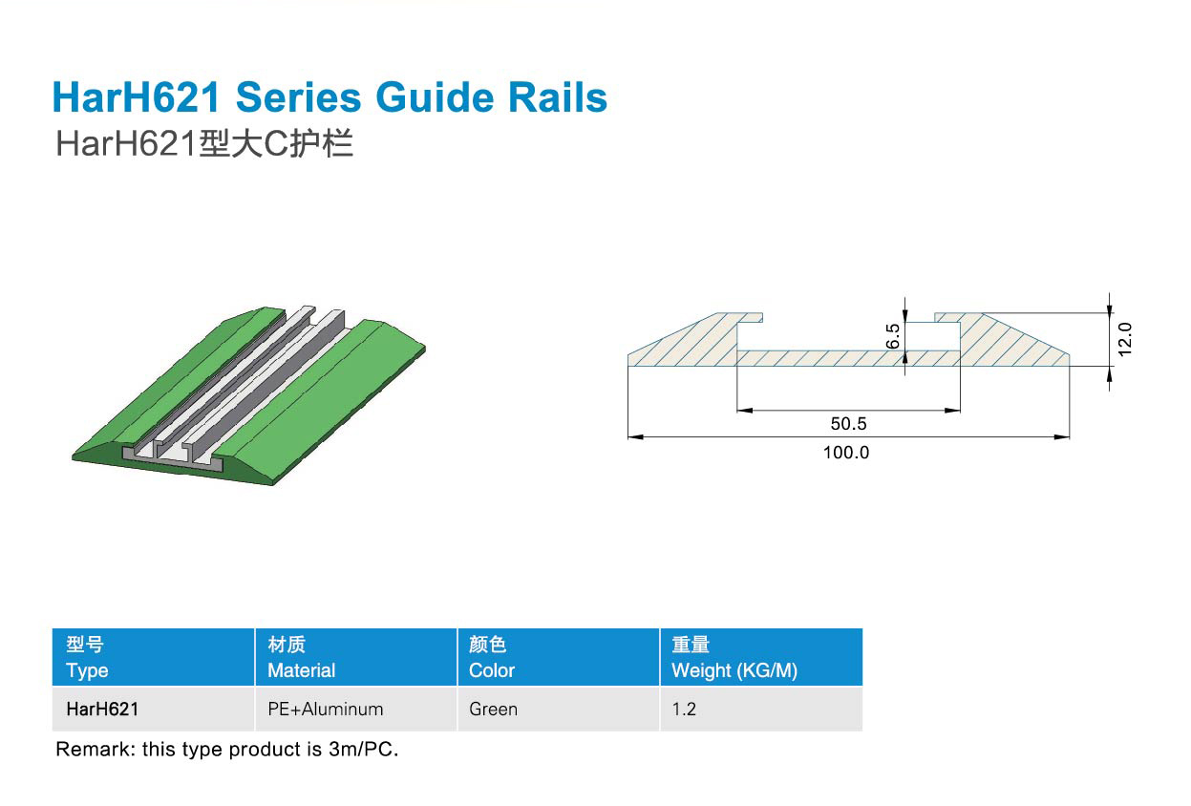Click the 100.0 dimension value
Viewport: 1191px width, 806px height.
pos(846,453)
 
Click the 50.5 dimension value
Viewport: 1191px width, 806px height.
pos(848,424)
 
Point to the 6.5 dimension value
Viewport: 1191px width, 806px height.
pos(893,336)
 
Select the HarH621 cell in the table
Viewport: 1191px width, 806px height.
pos(102,710)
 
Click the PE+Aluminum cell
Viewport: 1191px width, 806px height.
pos(326,710)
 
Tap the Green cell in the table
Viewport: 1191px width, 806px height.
pos(493,710)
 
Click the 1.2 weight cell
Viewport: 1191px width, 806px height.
pos(684,710)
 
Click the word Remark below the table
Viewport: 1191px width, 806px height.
pos(93,750)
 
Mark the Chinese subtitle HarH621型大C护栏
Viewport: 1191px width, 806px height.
pos(204,144)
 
